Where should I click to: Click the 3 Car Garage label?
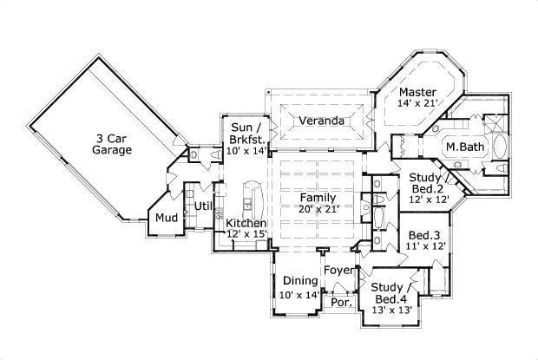tap(112, 143)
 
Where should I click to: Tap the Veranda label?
tap(321, 121)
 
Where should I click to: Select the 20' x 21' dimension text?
tap(318, 209)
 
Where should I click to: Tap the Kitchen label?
tap(246, 224)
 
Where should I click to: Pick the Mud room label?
tap(167, 218)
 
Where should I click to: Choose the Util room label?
tap(203, 206)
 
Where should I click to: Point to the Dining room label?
tap(299, 282)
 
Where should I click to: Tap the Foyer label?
tap(339, 271)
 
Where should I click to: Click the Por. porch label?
tap(339, 304)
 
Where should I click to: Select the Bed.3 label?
tap(425, 234)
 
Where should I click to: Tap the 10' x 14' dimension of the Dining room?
tap(299, 295)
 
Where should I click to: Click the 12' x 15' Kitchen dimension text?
tap(246, 235)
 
